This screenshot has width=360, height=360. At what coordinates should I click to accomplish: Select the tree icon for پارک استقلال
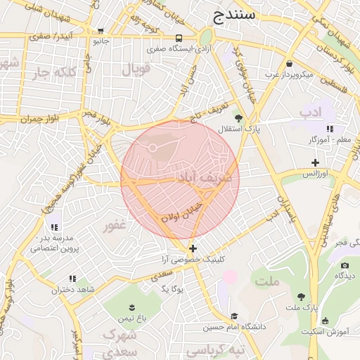pos(238,118)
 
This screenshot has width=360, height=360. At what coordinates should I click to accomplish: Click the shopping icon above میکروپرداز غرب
pos(289,63)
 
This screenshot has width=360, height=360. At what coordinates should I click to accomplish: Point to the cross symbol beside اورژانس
pos(316,163)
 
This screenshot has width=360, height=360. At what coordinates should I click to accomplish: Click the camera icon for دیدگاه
pos(345,265)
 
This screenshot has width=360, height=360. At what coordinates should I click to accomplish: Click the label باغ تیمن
pos(131,319)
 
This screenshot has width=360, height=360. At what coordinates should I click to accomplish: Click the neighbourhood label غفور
pos(115,227)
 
